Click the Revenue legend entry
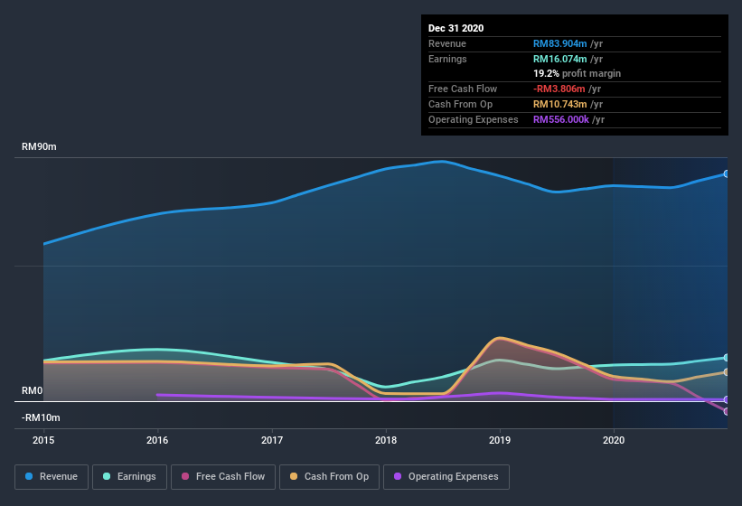(52, 476)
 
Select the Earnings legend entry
(129, 476)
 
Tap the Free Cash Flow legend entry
(223, 476)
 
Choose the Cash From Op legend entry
(329, 476)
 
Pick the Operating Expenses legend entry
(446, 476)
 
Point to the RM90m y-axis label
(40, 146)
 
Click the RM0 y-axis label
(33, 391)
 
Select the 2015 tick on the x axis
(43, 441)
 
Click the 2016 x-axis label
(157, 441)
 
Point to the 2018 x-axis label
(386, 441)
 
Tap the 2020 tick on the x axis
(614, 441)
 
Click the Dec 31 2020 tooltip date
(456, 28)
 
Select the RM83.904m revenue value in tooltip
(560, 43)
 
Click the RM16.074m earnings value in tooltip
(560, 59)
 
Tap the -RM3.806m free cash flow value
(560, 89)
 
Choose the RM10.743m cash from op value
(560, 104)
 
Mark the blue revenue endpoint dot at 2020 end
(727, 173)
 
